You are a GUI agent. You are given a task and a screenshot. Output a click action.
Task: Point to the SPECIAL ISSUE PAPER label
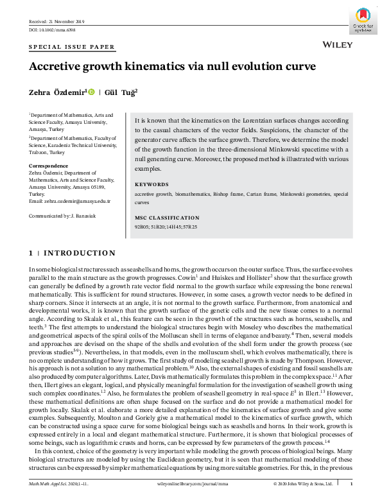[x=72, y=47]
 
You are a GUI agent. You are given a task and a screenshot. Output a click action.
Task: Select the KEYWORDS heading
[x=152, y=184]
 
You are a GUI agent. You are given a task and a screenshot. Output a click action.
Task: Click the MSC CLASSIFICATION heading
[x=167, y=218]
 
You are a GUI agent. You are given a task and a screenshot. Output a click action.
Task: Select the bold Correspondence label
[x=49, y=166]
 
